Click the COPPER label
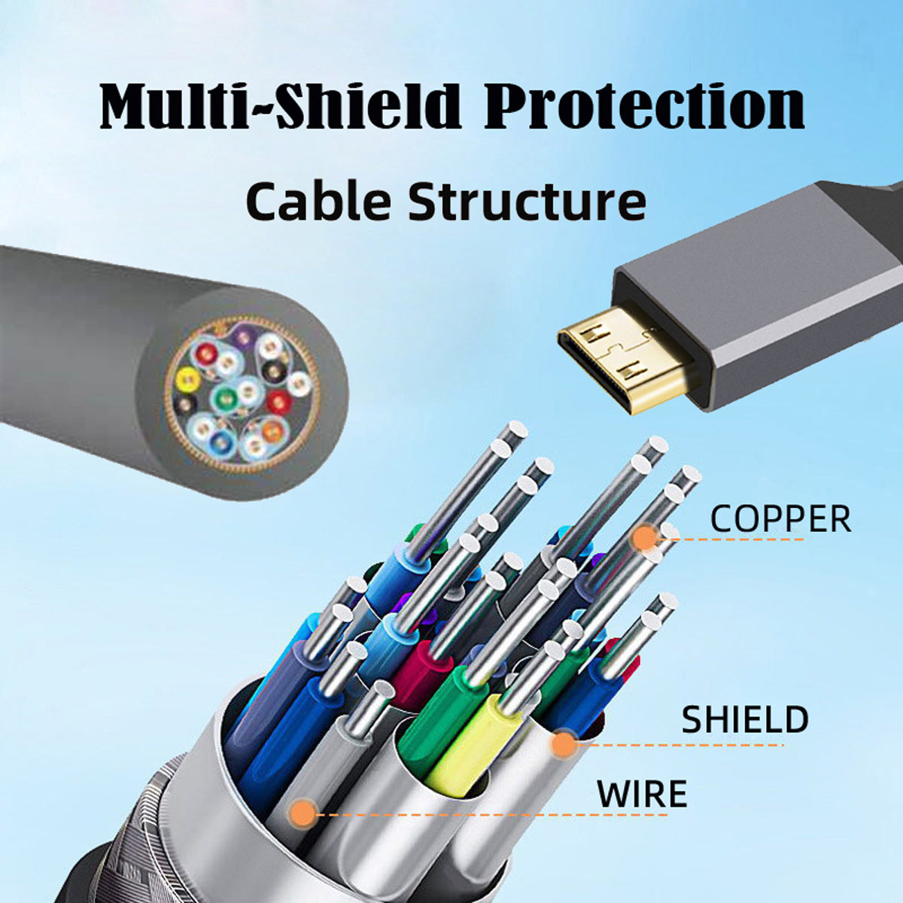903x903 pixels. (780, 518)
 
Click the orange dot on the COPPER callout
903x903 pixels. (646, 537)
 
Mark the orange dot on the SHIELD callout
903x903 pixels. (564, 744)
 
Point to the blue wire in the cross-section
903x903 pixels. (219, 439)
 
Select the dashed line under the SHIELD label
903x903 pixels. (680, 744)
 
